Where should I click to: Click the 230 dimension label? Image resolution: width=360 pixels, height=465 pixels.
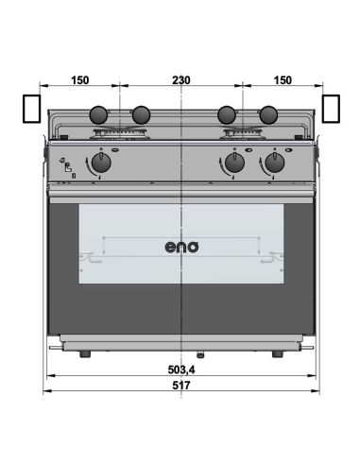click(x=180, y=81)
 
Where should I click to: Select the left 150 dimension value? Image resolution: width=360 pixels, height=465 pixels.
click(x=80, y=81)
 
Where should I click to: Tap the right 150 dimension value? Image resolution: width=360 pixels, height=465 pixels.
click(x=281, y=81)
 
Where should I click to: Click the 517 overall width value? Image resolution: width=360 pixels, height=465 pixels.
click(x=180, y=386)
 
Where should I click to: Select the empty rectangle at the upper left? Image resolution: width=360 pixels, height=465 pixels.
click(x=31, y=109)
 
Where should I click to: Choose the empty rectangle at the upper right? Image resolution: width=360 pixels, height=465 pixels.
click(x=330, y=109)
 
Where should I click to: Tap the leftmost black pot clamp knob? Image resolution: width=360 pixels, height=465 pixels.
click(x=97, y=115)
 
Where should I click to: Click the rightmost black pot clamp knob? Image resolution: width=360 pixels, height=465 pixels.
click(x=268, y=115)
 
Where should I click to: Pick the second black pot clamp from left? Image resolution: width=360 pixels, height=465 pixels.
click(x=140, y=115)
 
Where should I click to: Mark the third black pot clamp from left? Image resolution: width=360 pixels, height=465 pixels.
click(x=227, y=115)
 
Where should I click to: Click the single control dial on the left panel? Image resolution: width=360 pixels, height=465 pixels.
click(x=102, y=164)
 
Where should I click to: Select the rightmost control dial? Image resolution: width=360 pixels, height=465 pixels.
click(x=274, y=164)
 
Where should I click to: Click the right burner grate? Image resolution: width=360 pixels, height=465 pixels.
click(x=248, y=130)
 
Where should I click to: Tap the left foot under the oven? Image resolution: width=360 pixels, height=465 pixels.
click(x=86, y=353)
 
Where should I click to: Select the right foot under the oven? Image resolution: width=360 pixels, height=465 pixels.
click(x=277, y=353)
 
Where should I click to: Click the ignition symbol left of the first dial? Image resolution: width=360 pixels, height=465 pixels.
click(x=67, y=166)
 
